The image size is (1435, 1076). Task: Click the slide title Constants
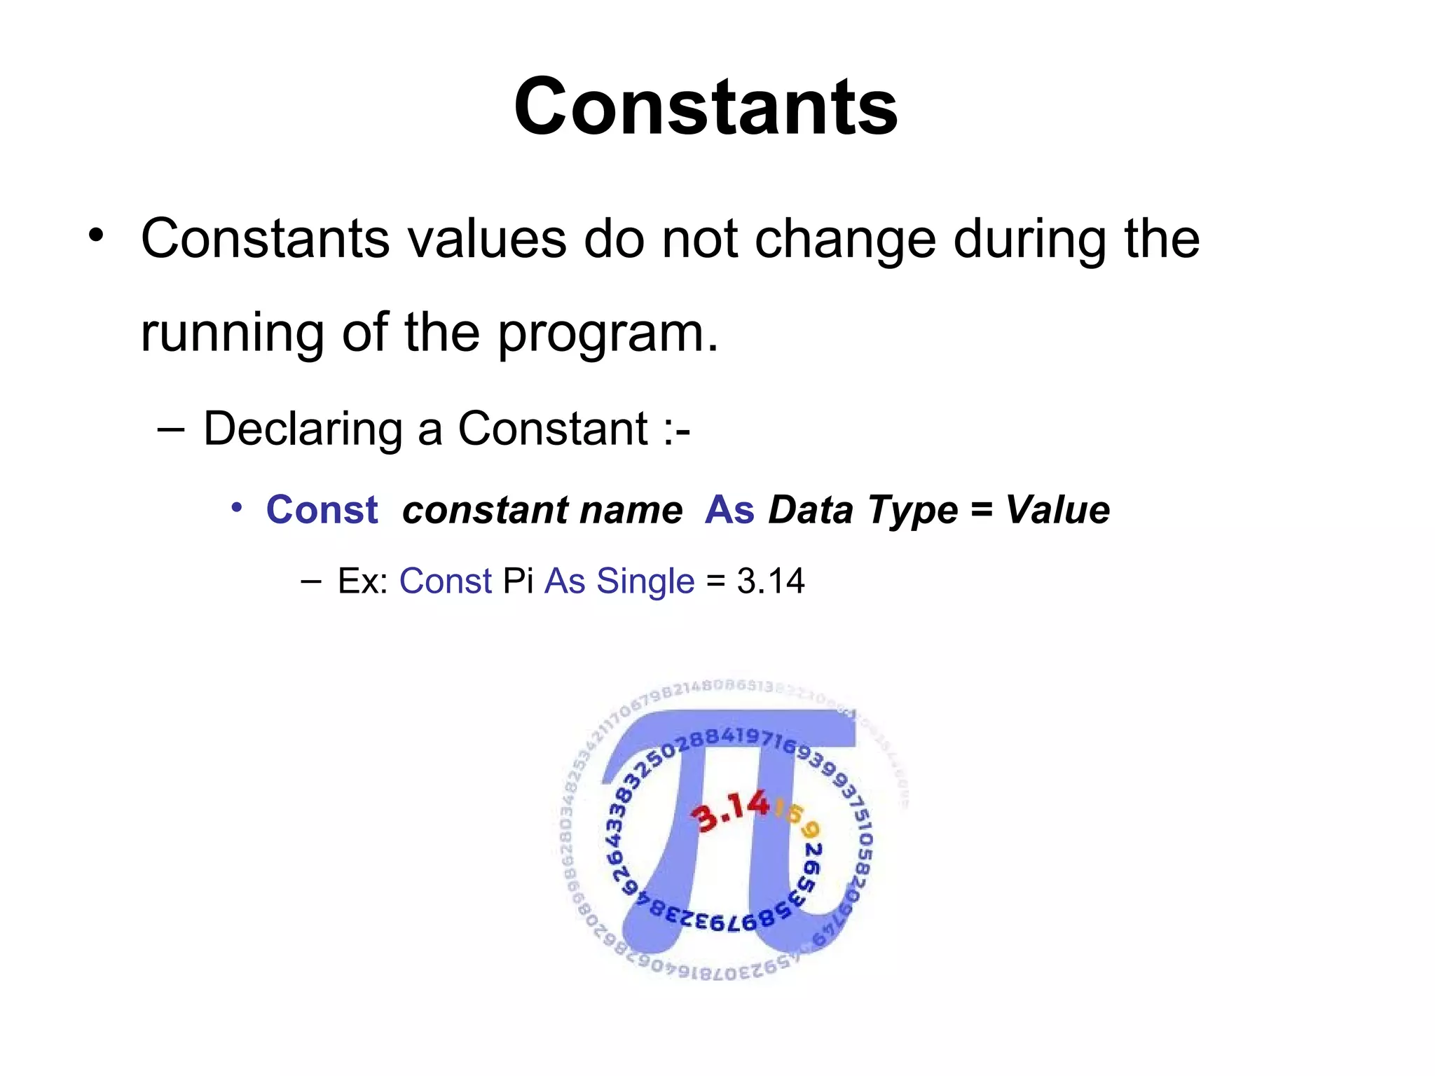706,107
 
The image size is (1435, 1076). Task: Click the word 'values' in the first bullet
486,239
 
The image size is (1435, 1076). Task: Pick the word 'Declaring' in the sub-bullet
301,429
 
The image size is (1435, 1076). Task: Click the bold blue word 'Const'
322,510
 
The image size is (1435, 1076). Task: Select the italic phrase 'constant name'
542,510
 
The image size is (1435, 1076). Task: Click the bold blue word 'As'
729,510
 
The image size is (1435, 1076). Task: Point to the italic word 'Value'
1057,510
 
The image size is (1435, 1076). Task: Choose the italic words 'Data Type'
863,510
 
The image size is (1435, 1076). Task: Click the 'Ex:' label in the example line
363,581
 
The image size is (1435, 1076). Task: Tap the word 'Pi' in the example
518,581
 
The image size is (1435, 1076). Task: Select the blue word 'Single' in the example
645,581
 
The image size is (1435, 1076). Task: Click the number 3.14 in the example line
770,581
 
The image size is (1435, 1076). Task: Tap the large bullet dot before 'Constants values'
96,235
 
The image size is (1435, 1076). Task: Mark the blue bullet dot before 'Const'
237,506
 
